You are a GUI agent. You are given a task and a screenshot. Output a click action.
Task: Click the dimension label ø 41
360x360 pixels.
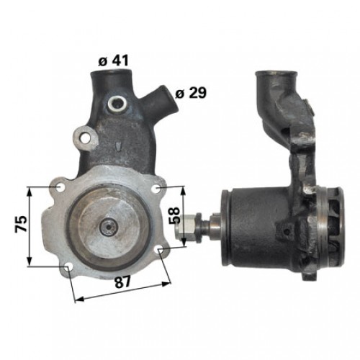(x=113, y=60)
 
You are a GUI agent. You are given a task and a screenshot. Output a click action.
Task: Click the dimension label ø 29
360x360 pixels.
(x=191, y=93)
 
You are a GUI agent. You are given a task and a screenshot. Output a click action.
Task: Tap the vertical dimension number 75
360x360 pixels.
(x=21, y=224)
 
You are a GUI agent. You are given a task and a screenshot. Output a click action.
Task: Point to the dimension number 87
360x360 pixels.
(x=122, y=282)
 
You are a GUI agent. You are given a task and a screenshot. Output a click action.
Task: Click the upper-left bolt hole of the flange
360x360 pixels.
(x=59, y=188)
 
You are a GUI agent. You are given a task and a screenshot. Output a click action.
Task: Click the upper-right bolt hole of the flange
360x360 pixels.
(x=156, y=189)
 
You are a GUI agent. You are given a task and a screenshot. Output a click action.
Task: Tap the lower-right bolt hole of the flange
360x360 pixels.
(x=160, y=250)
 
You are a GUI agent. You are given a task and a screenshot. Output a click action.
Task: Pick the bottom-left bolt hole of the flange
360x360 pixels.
(x=68, y=267)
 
